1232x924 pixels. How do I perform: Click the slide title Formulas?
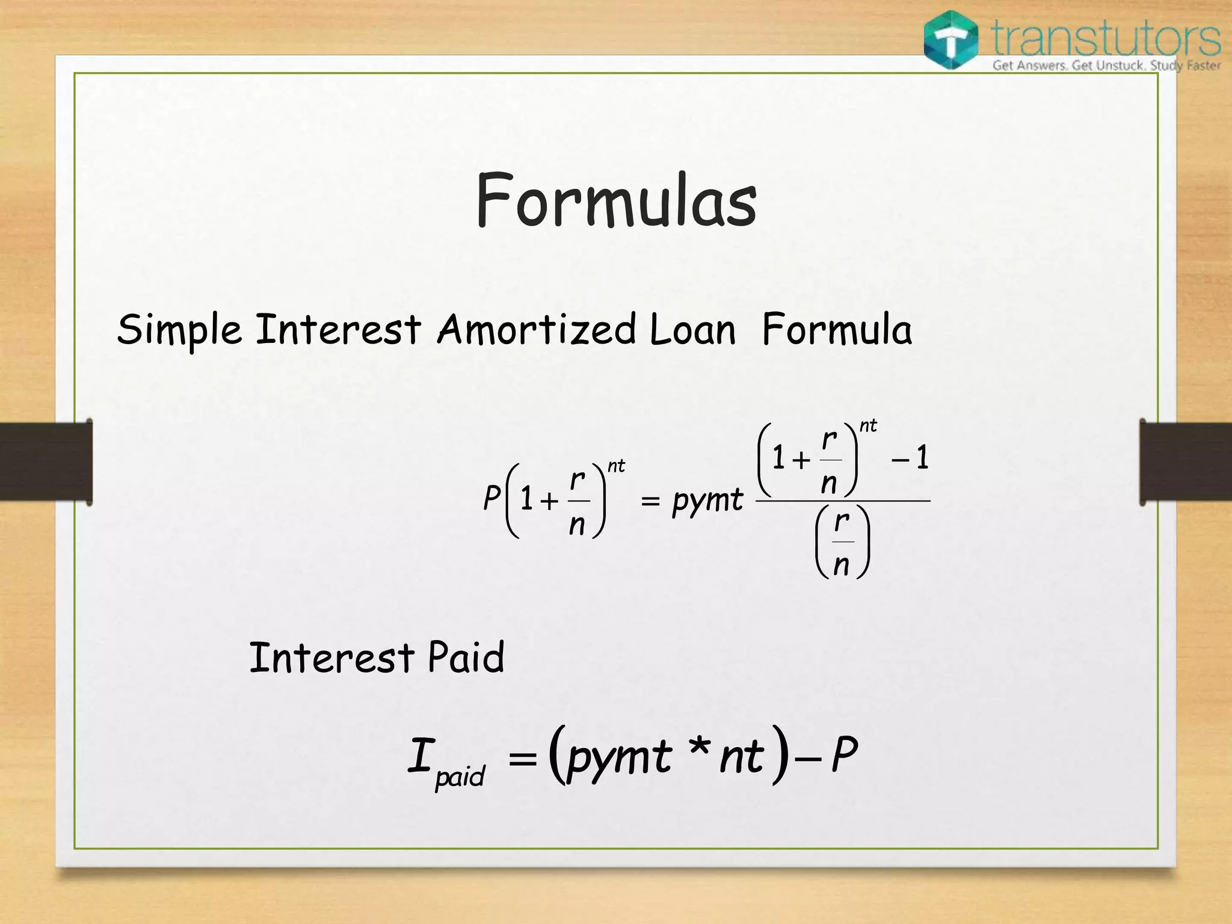coord(616,200)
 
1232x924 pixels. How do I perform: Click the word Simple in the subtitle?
coord(179,330)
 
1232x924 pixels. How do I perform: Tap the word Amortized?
coord(537,330)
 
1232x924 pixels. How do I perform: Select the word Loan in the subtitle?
coord(692,330)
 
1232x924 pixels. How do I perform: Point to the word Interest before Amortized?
coord(338,330)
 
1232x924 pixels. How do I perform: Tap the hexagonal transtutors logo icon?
coord(950,40)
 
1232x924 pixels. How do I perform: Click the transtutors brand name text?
coord(1106,37)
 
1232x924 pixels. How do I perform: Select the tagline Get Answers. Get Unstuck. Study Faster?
coord(1106,65)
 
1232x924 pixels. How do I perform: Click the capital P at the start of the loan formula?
coord(491,498)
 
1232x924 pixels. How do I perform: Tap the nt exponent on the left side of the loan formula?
coord(616,466)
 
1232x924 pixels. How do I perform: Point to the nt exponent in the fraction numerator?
coord(868,426)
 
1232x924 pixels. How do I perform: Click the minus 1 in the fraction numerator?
coord(911,458)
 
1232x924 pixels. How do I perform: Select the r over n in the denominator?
coord(842,542)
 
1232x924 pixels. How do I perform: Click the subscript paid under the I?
coord(460,776)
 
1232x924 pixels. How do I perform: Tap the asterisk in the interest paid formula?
coord(700,749)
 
